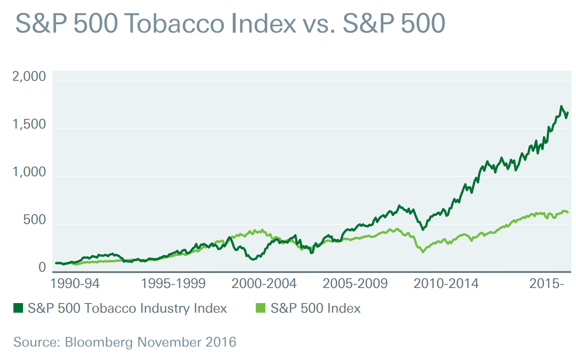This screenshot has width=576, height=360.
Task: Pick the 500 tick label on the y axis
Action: click(x=34, y=220)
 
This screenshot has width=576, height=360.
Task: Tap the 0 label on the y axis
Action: click(x=42, y=267)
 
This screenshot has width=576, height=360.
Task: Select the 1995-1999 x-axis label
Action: click(x=174, y=283)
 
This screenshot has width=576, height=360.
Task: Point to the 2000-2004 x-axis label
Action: click(x=264, y=283)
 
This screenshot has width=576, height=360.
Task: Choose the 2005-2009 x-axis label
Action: click(x=355, y=283)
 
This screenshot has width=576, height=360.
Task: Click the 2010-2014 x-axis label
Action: click(x=446, y=283)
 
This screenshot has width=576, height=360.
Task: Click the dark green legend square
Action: click(x=18, y=309)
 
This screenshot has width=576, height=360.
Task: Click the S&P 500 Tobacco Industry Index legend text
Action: click(x=127, y=309)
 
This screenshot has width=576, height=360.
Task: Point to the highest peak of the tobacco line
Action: click(x=561, y=106)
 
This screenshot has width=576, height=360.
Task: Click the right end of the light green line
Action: click(x=568, y=213)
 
